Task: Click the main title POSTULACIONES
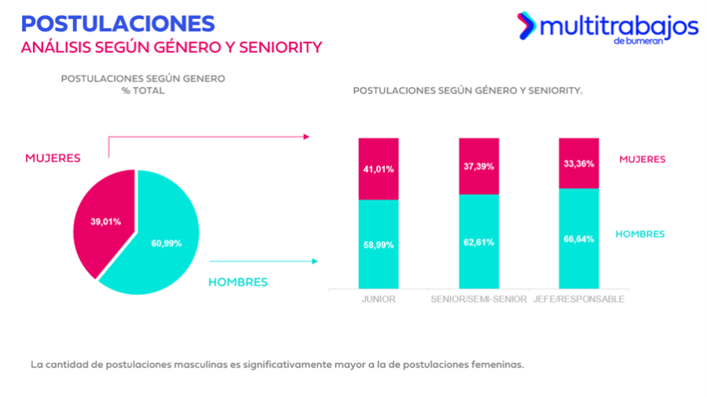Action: click(118, 22)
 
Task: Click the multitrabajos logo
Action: click(606, 28)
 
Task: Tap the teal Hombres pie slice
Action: click(157, 252)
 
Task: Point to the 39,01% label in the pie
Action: click(105, 222)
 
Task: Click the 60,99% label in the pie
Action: click(166, 243)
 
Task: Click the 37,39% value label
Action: click(478, 167)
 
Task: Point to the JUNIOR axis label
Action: click(379, 300)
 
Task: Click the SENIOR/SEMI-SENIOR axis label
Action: click(478, 300)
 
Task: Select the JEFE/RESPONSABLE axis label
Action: click(579, 300)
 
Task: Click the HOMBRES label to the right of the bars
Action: click(640, 234)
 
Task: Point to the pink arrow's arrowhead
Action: click(306, 136)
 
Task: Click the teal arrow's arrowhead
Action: click(315, 261)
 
